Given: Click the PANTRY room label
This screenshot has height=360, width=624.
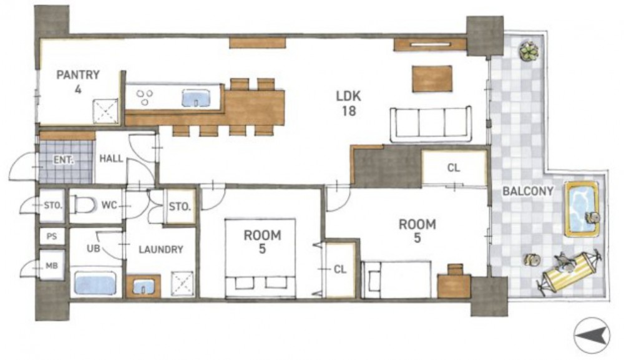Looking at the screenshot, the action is [78, 75].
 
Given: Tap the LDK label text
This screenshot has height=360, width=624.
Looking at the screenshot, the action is [349, 96].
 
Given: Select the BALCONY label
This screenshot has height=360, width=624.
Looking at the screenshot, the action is [528, 192].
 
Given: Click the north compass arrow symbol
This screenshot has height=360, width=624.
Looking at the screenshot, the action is [592, 336].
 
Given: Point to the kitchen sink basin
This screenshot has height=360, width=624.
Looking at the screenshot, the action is [196, 98].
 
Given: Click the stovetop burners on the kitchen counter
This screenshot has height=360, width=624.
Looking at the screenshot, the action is [145, 97].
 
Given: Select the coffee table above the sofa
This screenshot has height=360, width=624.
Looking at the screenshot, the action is [432, 79].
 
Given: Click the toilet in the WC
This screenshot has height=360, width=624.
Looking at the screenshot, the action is [85, 205].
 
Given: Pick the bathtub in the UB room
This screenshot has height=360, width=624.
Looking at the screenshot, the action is [95, 283].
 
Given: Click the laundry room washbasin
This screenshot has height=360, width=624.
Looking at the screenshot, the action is [143, 286].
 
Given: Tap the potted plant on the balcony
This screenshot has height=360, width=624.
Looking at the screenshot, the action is [529, 51].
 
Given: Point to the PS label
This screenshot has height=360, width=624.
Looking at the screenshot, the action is [52, 236].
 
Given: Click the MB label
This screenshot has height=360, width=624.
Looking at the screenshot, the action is [52, 266].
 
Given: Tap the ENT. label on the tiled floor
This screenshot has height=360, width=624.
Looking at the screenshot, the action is [64, 160].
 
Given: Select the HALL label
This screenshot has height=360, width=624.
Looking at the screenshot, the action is [111, 158].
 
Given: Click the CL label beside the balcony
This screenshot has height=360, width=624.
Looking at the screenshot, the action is [454, 168].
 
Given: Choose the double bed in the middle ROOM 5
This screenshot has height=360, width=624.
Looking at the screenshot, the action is [260, 258].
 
